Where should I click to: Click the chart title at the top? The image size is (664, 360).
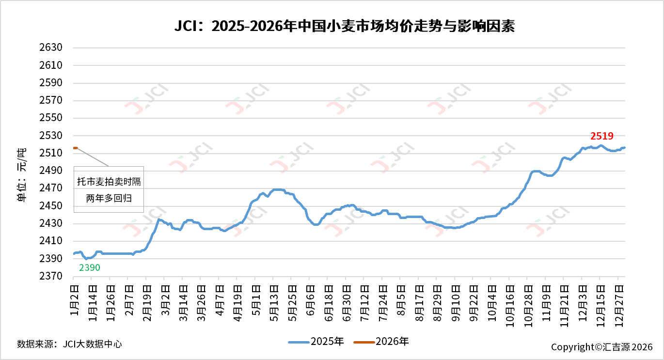click(344, 26)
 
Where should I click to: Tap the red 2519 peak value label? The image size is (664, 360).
click(602, 136)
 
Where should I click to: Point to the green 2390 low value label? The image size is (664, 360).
click(90, 267)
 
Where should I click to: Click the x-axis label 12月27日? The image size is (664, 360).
click(618, 300)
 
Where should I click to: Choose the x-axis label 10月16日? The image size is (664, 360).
click(509, 300)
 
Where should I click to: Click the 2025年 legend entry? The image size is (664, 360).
click(316, 342)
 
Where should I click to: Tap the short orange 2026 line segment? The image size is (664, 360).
click(75, 148)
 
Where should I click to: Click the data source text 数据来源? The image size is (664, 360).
click(69, 344)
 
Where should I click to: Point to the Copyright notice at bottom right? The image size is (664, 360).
click(601, 347)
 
